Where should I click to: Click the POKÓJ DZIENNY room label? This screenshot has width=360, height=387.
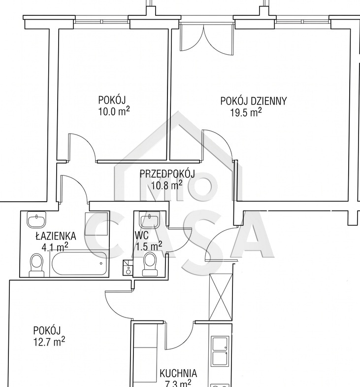(254, 101)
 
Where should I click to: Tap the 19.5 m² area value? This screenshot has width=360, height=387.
(246, 112)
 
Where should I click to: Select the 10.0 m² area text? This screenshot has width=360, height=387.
(114, 111)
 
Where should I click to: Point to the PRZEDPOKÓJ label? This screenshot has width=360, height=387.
(167, 174)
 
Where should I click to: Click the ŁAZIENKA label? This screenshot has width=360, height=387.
(56, 236)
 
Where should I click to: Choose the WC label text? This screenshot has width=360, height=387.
(142, 236)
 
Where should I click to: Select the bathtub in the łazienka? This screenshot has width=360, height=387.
(79, 263)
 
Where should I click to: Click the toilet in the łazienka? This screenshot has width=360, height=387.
(36, 265)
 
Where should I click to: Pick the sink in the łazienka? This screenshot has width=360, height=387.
(36, 219)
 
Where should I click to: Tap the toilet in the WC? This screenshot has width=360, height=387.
(150, 264)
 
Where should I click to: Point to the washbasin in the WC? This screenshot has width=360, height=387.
(150, 219)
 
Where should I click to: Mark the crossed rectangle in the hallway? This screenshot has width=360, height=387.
(221, 297)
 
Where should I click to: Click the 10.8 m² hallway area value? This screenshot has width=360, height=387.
(166, 185)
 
